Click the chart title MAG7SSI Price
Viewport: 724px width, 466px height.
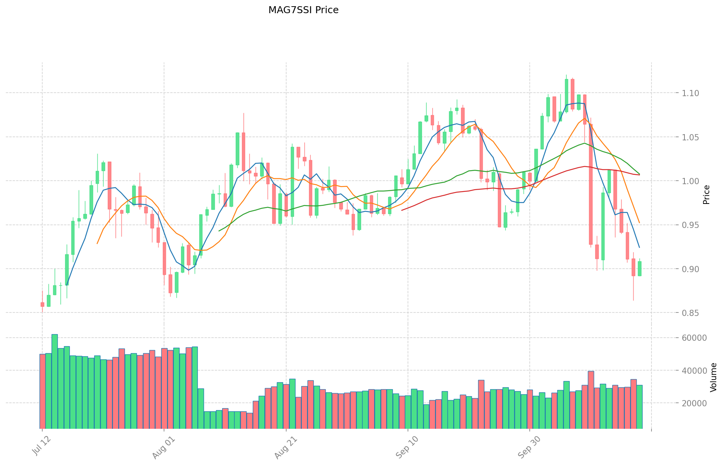coord(303,10)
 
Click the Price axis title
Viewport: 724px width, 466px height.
coord(706,195)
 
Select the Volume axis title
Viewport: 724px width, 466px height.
coord(713,377)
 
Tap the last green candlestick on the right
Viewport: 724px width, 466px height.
coord(639,269)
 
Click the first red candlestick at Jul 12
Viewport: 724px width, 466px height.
coord(42,304)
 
